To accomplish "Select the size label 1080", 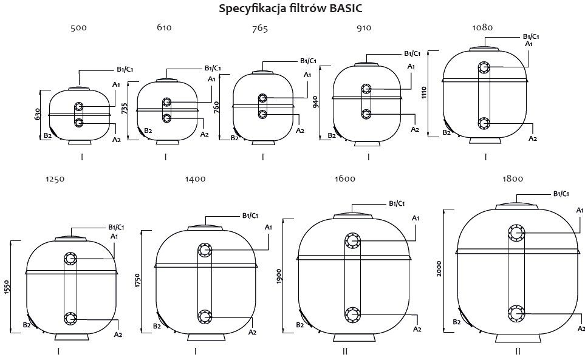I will pyautogui.click(x=482, y=27).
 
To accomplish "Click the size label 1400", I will pyautogui.click(x=196, y=179).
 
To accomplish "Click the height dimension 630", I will pyautogui.click(x=38, y=114).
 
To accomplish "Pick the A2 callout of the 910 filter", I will pyautogui.click(x=415, y=129).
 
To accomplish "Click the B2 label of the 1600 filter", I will pyautogui.click(x=299, y=325).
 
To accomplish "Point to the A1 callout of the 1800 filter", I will pyautogui.click(x=580, y=209).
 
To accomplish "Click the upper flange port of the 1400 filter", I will pyautogui.click(x=204, y=251).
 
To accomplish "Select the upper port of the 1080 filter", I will pyautogui.click(x=484, y=67).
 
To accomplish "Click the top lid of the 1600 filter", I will pyautogui.click(x=352, y=214).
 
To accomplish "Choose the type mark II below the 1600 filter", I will pyautogui.click(x=344, y=351).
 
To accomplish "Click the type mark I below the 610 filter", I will pyautogui.click(x=165, y=157).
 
